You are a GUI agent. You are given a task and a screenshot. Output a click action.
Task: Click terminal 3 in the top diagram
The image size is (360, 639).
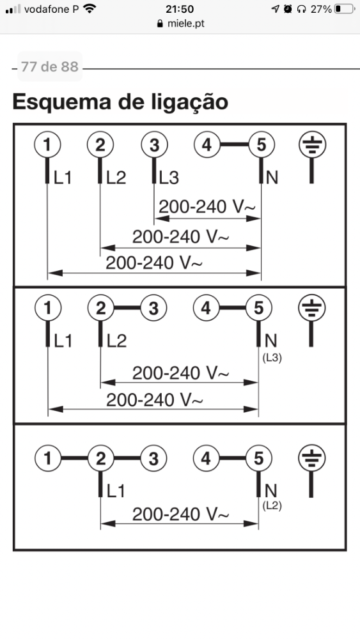click(x=154, y=144)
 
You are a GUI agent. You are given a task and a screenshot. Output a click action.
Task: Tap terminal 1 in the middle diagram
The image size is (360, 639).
click(x=48, y=308)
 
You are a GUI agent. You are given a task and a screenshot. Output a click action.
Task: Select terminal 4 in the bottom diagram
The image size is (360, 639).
click(x=206, y=458)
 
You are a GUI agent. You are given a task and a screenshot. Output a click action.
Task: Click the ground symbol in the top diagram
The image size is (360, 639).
click(x=312, y=144)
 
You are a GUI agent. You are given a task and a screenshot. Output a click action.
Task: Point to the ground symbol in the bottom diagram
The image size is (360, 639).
click(x=312, y=458)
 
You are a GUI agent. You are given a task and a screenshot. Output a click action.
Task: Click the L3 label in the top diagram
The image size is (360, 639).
click(x=169, y=178)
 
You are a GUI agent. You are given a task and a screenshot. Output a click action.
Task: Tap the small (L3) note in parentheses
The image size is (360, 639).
click(x=272, y=358)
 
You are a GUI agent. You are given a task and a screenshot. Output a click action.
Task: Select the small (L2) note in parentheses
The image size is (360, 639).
click(x=272, y=505)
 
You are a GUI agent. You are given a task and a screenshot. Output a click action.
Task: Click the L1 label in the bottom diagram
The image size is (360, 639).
click(x=116, y=491)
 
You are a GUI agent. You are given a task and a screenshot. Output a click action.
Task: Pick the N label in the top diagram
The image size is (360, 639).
click(x=272, y=178)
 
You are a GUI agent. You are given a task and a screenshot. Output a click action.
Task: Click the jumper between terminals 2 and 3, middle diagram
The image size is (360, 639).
click(x=127, y=308)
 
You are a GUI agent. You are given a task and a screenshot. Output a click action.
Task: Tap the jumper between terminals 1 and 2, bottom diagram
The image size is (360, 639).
click(x=74, y=458)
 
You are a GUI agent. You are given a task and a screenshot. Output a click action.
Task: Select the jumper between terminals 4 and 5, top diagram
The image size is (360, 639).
click(x=233, y=144)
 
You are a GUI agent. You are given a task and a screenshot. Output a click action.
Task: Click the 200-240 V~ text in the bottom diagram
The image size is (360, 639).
click(x=180, y=515)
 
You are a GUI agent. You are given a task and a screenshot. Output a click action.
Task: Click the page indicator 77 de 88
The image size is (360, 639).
click(x=49, y=66)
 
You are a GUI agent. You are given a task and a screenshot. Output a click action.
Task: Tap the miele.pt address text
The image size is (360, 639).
click(x=186, y=24)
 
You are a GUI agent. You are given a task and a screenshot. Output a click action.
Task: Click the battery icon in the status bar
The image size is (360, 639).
click(x=344, y=8)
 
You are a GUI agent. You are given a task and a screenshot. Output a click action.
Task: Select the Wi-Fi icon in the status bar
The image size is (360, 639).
click(x=89, y=8)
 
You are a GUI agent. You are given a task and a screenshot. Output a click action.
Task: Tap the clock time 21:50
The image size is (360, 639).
click(x=180, y=9)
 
